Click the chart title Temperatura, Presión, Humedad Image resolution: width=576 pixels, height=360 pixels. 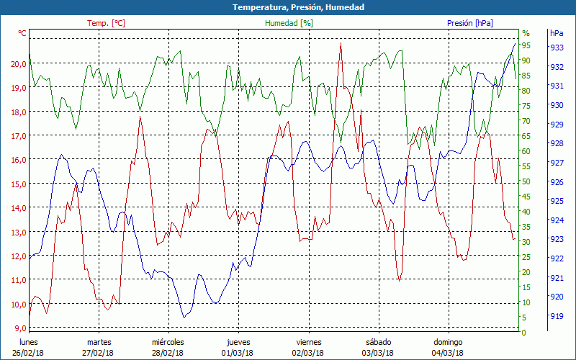point(288,7)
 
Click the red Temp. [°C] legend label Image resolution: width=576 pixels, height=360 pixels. point(106,23)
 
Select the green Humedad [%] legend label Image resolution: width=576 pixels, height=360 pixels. point(289,23)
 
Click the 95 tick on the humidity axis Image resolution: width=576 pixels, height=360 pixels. point(526,45)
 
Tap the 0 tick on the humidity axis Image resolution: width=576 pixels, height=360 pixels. point(524,333)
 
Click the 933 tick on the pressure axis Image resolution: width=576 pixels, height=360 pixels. point(556,48)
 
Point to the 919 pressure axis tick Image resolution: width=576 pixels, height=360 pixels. point(556,315)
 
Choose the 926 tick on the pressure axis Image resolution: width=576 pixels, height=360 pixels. point(556,181)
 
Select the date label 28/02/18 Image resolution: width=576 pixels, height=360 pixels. point(168,353)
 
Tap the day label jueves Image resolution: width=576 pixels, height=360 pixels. point(238,342)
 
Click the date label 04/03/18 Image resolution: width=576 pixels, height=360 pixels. point(447,353)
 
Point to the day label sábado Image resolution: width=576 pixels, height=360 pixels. point(378,342)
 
